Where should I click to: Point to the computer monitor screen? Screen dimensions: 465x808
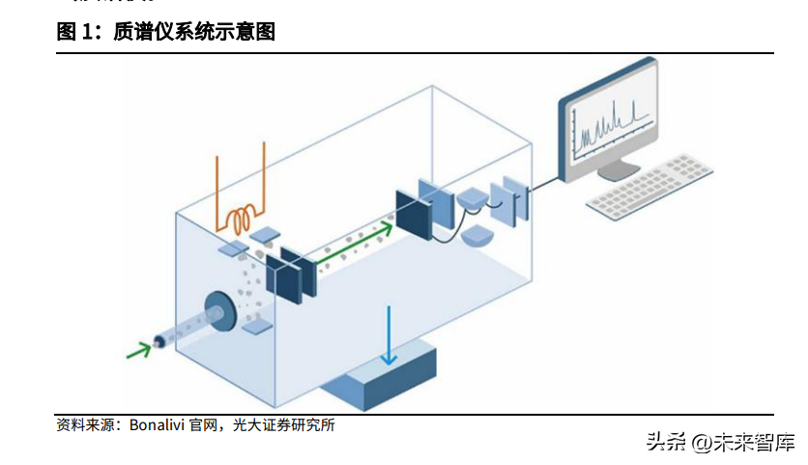point(612,125)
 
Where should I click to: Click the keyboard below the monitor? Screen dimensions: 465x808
point(651,186)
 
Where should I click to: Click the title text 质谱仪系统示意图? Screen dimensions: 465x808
point(194,32)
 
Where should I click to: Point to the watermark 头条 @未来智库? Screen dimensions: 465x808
point(720,442)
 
